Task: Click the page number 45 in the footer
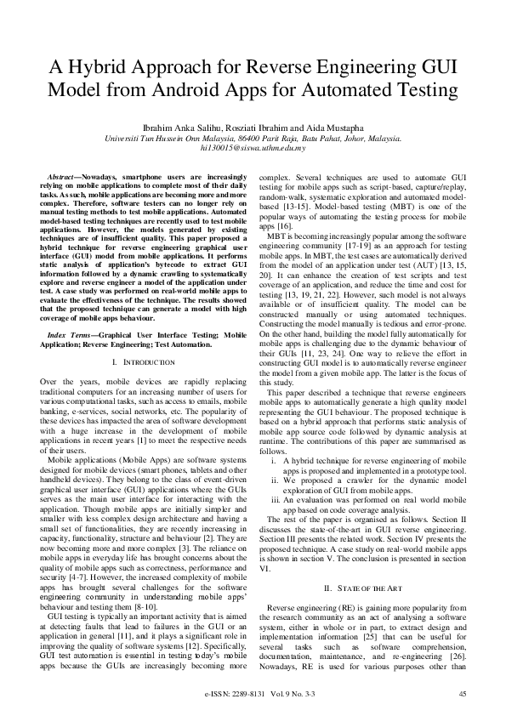coord(463,695)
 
